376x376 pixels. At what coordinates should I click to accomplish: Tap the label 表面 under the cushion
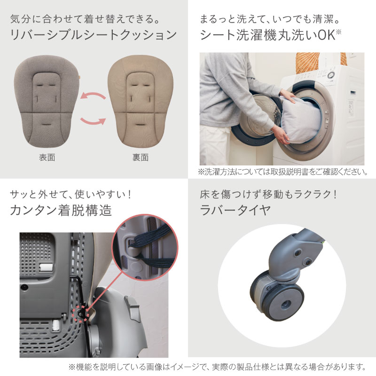[x=47, y=157]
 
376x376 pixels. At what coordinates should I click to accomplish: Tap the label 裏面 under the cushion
[x=141, y=157]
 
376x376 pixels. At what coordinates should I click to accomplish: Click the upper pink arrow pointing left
[x=93, y=96]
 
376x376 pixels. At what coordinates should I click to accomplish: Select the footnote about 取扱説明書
[x=282, y=172]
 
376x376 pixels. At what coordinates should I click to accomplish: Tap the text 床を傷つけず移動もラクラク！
[x=267, y=193]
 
